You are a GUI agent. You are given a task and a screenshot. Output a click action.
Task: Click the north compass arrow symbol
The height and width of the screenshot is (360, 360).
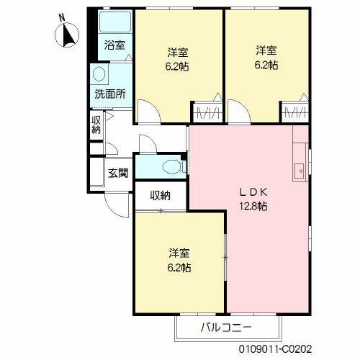coord(69,35)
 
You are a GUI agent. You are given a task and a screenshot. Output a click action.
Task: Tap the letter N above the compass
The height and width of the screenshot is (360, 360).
coord(62,17)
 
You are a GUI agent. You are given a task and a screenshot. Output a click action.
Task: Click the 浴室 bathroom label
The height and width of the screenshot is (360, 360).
coord(114,45)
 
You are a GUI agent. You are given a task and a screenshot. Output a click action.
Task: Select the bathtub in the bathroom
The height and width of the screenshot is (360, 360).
coord(114,22)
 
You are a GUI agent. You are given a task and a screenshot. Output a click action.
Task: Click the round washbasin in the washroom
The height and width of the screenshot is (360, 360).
coord(99,74)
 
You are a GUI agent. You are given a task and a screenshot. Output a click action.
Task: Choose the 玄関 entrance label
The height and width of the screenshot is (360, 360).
coord(118,173)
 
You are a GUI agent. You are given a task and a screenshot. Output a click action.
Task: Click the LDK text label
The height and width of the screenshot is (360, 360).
coord(253,192)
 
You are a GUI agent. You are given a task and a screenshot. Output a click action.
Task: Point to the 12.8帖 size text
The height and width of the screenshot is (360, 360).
coord(253,207)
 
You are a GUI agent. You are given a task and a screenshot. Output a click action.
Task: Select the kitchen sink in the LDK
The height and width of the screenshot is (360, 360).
coord(299,171)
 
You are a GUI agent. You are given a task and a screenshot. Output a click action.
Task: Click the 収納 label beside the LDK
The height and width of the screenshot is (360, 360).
coord(160,195)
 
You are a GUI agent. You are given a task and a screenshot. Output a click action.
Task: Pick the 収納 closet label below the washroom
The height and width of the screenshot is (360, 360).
coord(96,124)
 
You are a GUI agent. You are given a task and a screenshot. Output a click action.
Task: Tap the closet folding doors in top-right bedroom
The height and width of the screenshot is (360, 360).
coord(295,113)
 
